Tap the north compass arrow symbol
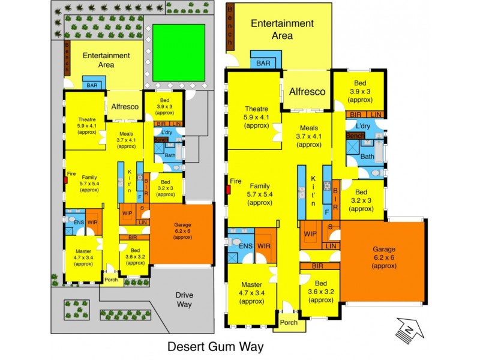(407, 329)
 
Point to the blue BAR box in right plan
(263, 62)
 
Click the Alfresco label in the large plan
(307, 92)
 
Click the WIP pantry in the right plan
(310, 233)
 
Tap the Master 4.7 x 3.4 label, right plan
(251, 292)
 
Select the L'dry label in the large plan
(362, 127)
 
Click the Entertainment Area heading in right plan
(281, 29)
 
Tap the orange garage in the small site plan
(181, 233)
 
